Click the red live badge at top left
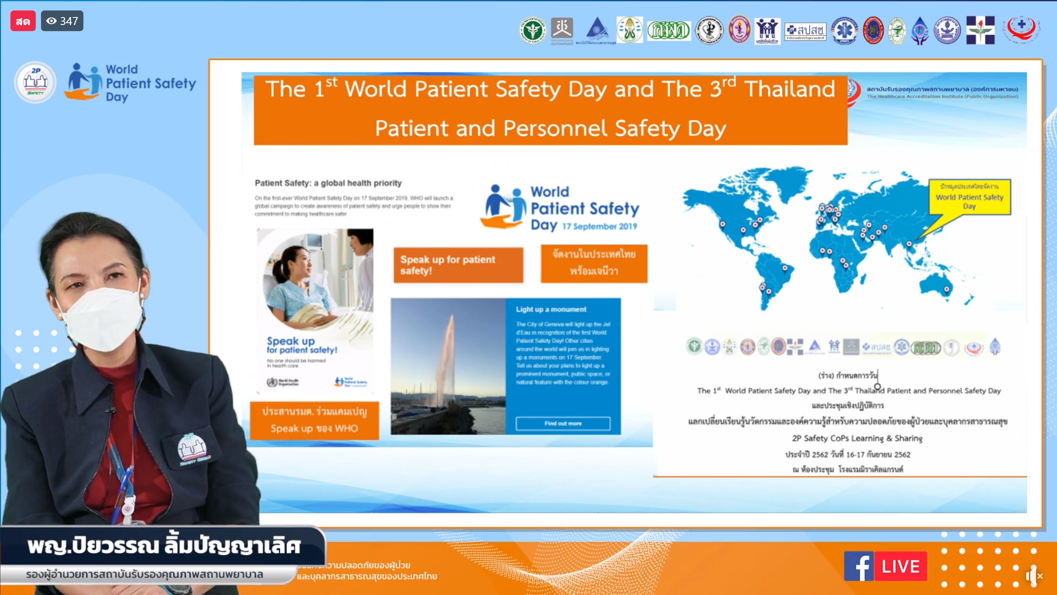click(23, 21)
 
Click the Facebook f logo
click(859, 566)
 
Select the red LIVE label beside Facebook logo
click(901, 566)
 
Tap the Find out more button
click(563, 423)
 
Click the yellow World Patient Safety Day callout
click(969, 197)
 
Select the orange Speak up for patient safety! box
click(458, 265)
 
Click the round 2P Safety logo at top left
click(35, 82)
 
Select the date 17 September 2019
click(600, 226)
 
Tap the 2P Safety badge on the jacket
click(192, 450)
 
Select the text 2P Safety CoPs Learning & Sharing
click(857, 438)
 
